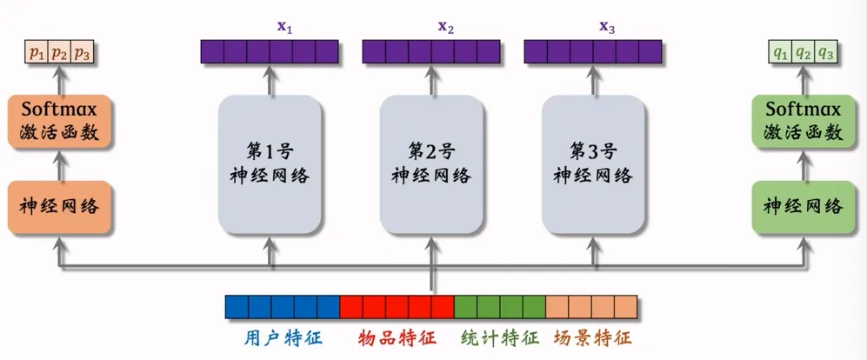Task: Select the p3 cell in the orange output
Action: (x=82, y=55)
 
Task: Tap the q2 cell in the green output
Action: (x=804, y=55)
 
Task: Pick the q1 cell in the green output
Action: (x=781, y=55)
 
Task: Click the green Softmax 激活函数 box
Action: (x=803, y=122)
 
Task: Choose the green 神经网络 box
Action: (x=803, y=207)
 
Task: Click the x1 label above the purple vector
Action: (x=284, y=27)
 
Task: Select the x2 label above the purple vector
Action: (x=445, y=27)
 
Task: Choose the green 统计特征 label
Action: (x=499, y=337)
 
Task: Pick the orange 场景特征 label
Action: (x=591, y=337)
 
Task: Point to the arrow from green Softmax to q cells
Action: (x=803, y=80)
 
